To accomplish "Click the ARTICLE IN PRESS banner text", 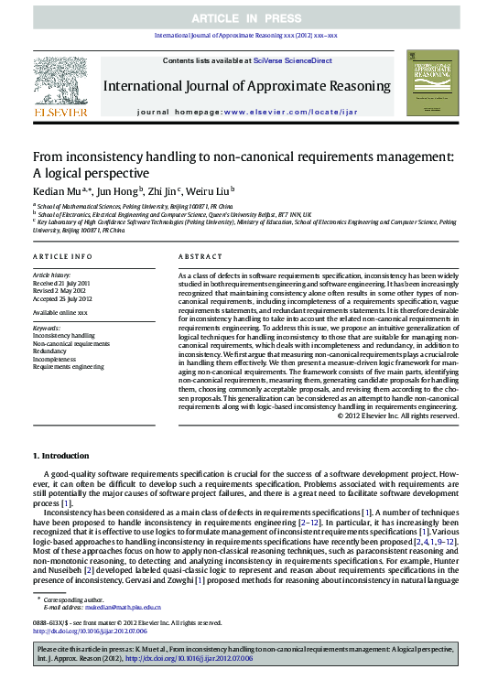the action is point(249,18).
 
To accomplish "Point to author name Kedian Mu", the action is point(57,191).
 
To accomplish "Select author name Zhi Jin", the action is point(165,191).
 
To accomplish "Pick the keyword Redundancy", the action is point(49,351).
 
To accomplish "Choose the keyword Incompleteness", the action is point(55,359).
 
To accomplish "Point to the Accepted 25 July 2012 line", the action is point(63,298).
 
